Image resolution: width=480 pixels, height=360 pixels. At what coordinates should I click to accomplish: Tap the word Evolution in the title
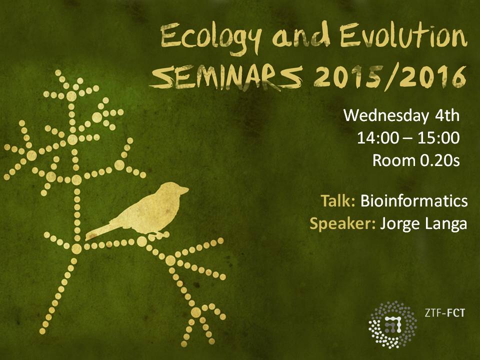(x=403, y=35)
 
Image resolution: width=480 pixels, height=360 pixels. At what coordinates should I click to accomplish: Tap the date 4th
(x=447, y=115)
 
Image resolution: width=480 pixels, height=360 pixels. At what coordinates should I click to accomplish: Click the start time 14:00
(x=378, y=138)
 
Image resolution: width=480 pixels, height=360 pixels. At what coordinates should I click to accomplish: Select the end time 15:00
(x=438, y=138)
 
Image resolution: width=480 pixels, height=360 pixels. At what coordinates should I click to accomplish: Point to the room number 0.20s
(x=439, y=160)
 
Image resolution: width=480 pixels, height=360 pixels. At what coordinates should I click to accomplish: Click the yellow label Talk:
(x=337, y=201)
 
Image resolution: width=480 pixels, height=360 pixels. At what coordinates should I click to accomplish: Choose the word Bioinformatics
(x=414, y=201)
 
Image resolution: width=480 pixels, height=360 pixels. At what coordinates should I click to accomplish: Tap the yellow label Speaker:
(x=342, y=224)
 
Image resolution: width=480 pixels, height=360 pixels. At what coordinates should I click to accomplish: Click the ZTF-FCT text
(x=444, y=313)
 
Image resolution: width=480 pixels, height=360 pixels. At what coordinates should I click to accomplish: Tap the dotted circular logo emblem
(x=392, y=325)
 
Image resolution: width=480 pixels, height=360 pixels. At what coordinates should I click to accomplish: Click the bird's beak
(x=185, y=190)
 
